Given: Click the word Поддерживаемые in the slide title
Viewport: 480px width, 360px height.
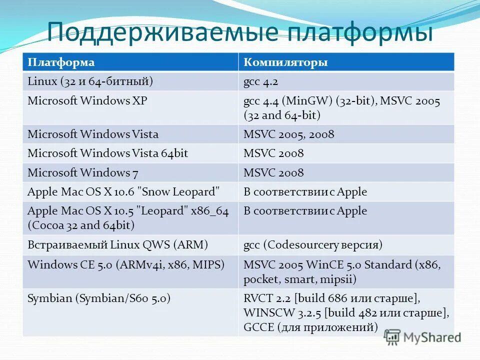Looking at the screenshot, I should pos(162,32).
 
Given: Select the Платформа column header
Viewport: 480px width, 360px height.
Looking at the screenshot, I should pos(61,62).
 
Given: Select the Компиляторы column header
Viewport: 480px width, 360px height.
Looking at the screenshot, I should pos(285,62).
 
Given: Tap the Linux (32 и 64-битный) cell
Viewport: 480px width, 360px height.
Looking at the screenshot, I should pos(90,81).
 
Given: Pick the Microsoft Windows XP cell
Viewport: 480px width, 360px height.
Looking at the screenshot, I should pos(87,101).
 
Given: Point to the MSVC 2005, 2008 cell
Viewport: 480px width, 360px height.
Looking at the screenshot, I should pos(288,134).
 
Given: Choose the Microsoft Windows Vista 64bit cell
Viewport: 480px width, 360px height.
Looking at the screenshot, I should pos(107,153).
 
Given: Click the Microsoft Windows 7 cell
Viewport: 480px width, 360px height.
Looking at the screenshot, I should pos(83,173).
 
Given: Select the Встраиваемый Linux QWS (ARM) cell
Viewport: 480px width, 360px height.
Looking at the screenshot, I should pos(117,245).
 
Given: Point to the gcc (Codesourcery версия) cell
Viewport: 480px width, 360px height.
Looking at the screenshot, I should pos(312,245).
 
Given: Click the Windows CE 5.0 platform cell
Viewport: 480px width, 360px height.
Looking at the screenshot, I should pos(125,264).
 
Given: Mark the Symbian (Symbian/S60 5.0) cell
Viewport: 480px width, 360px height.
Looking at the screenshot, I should pos(99,299).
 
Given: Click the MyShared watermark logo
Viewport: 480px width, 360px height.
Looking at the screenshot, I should pos(423,337).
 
